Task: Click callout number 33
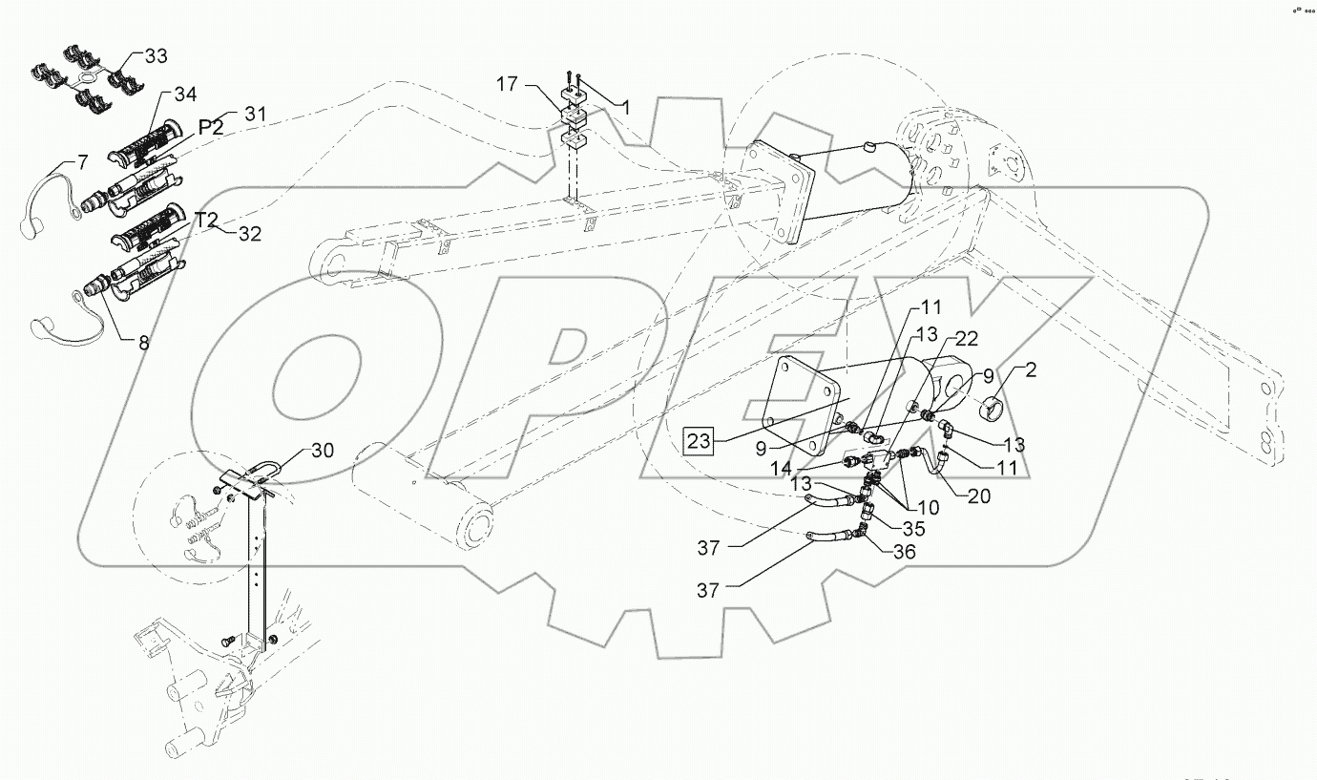[155, 56]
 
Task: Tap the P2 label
[211, 128]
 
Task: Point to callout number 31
[256, 115]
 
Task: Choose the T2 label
[207, 221]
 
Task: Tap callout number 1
[625, 109]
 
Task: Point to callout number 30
[323, 452]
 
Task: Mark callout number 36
[904, 551]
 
